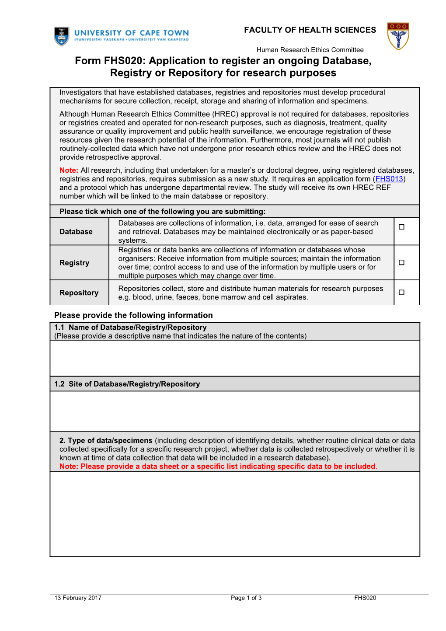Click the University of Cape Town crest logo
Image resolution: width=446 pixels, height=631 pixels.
62,36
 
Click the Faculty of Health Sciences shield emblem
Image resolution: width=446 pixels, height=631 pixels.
398,36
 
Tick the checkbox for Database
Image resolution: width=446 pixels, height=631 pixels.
401,227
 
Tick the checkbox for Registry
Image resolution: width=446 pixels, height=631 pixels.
401,262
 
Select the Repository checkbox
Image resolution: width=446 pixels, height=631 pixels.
401,293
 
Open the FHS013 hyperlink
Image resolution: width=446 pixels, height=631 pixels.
389,179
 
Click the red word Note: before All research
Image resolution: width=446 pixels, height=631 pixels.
69,170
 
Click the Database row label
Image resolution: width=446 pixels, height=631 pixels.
76,232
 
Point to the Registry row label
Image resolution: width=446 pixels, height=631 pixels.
74,263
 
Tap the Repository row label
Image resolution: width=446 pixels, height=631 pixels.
79,293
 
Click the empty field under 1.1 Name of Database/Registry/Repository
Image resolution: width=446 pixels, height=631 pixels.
235,358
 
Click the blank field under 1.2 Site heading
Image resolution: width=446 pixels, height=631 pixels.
235,411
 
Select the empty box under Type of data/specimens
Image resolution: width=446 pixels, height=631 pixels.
235,514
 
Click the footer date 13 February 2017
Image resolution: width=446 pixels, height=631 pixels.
78,598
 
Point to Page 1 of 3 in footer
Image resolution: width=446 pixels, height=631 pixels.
246,598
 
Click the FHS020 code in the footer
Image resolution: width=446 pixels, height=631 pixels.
365,598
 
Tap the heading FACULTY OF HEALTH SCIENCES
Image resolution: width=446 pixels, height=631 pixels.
310,30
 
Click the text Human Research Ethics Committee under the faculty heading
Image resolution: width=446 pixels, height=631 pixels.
310,50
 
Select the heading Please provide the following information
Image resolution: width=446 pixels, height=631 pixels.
133,315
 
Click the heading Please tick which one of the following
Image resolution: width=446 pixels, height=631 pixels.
163,212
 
